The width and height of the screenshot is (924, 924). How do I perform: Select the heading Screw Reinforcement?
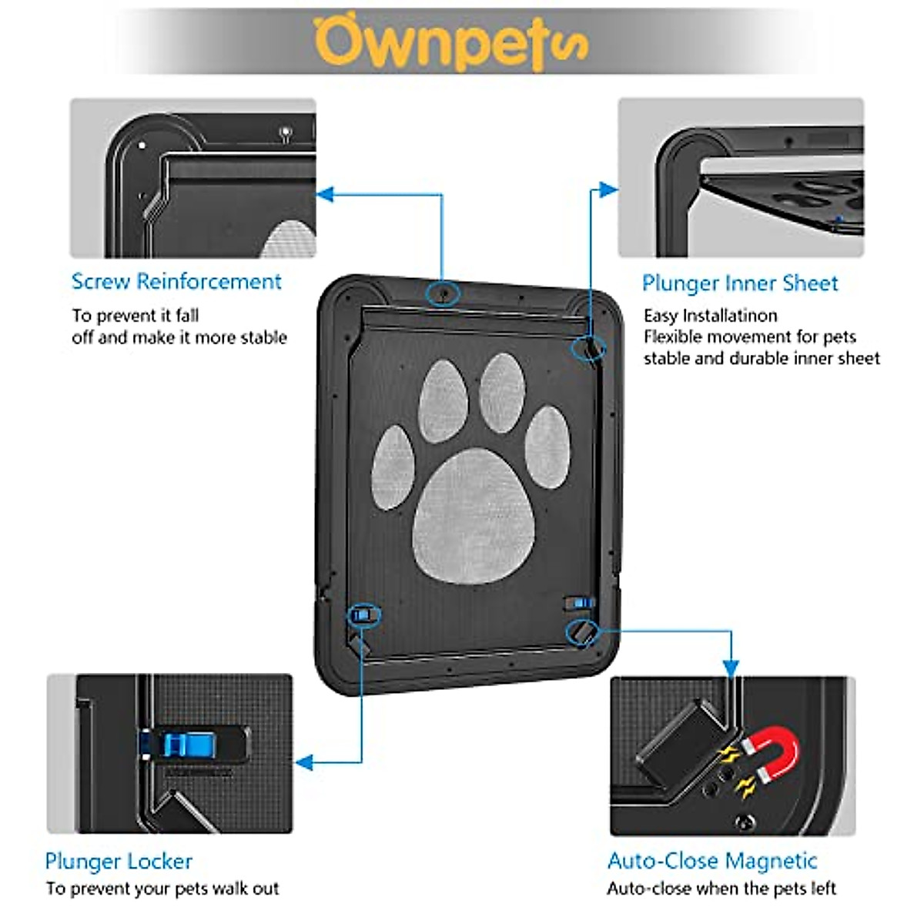(x=176, y=282)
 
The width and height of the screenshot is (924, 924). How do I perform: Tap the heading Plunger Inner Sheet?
(x=739, y=283)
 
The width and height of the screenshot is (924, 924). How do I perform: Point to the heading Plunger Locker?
(x=119, y=861)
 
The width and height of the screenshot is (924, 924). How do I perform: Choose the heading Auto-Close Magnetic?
(x=712, y=861)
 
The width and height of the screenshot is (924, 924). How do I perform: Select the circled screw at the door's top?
(x=443, y=293)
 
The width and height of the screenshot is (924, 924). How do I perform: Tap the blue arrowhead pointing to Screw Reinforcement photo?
(x=325, y=194)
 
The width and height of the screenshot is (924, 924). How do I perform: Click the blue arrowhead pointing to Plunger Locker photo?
(x=304, y=762)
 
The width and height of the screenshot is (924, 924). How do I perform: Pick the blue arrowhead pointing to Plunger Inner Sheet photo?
(x=608, y=189)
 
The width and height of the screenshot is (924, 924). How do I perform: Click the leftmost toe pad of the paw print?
(x=393, y=467)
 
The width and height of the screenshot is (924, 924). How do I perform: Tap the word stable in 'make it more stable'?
(x=262, y=338)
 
